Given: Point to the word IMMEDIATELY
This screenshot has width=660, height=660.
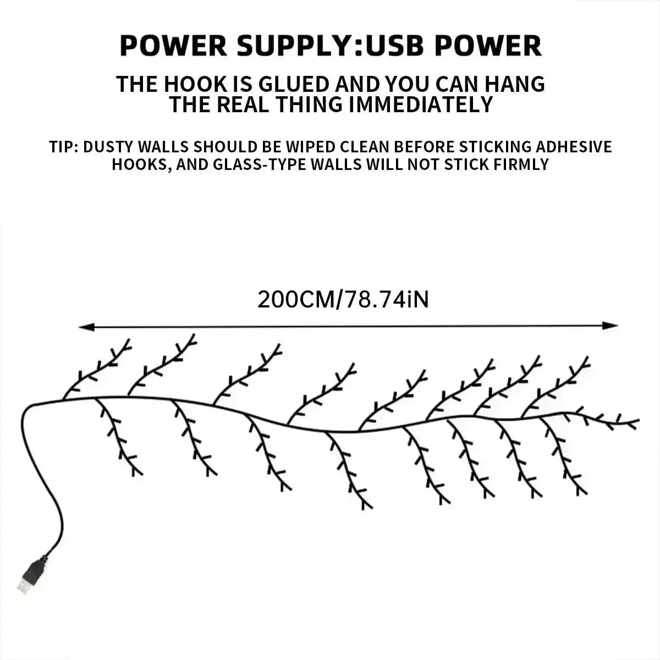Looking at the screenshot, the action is click(x=421, y=105).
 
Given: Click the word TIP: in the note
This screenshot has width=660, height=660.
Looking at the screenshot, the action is click(x=64, y=147).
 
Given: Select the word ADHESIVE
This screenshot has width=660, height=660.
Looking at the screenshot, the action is click(x=574, y=147).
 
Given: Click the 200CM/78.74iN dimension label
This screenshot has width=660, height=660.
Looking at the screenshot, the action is click(x=343, y=299).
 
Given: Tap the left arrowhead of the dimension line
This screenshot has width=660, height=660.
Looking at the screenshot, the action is click(x=86, y=327).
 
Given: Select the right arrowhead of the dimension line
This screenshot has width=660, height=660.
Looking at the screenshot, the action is click(x=610, y=326).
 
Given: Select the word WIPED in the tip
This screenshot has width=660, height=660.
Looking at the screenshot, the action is click(x=310, y=147).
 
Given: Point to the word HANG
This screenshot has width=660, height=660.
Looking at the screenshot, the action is click(x=516, y=84).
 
